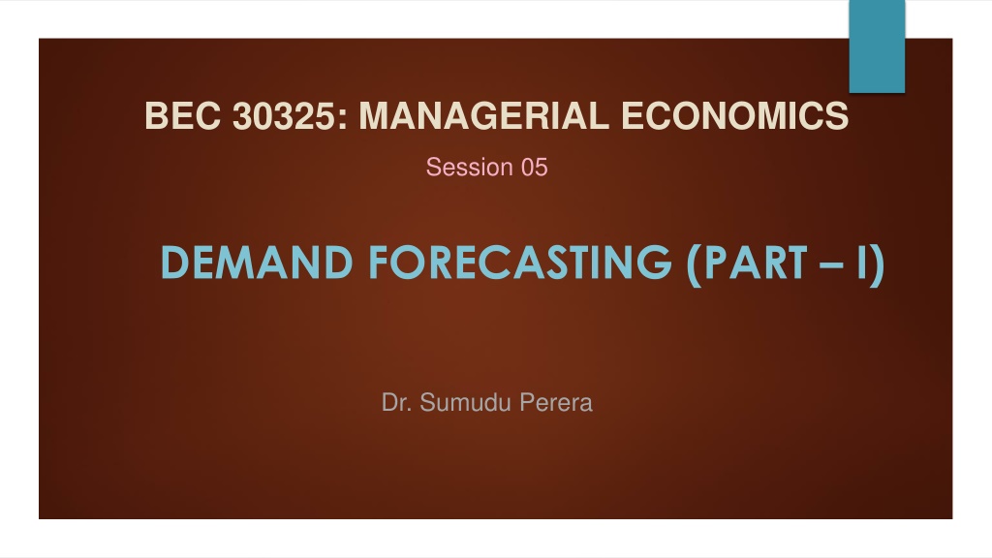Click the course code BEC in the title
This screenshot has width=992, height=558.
click(x=182, y=116)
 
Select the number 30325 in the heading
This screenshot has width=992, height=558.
click(x=286, y=116)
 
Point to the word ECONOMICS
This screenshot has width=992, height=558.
click(x=734, y=116)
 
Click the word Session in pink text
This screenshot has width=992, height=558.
click(x=469, y=167)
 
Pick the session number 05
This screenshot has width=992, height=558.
click(x=534, y=167)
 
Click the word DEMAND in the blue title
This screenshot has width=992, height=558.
click(x=257, y=262)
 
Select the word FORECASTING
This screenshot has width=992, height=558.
click(x=519, y=262)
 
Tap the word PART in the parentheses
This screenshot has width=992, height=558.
click(x=755, y=262)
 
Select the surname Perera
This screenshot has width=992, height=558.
click(x=556, y=402)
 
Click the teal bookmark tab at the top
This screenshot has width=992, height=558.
click(x=877, y=46)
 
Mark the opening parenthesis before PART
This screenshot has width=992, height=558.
click(x=694, y=264)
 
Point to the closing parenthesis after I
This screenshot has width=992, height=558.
click(x=877, y=264)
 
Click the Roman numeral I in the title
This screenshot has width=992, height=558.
click(x=861, y=262)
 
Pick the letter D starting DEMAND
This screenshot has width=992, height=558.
click(x=176, y=262)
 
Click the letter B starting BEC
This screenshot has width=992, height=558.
click(x=156, y=116)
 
